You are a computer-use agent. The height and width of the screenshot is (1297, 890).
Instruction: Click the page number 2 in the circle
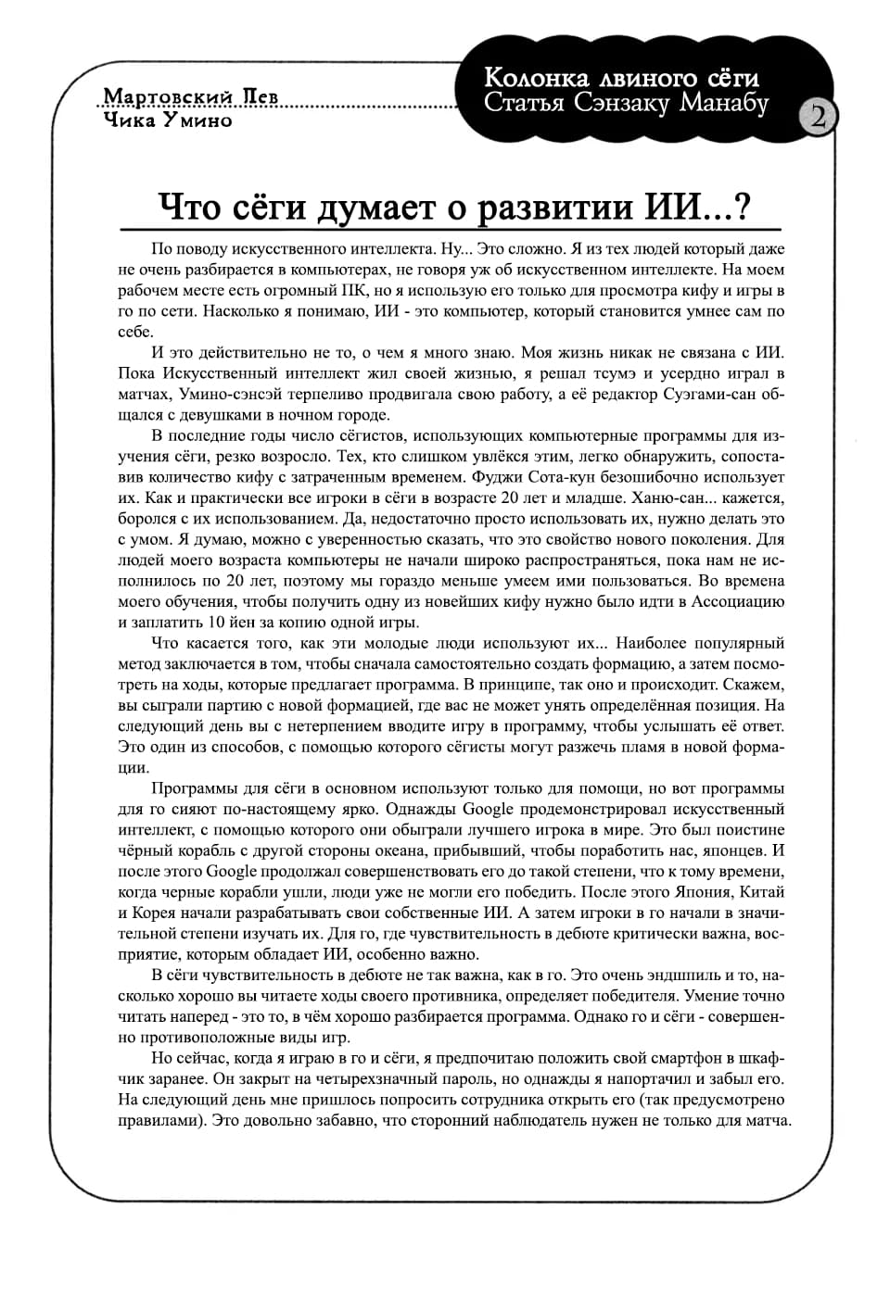pyautogui.click(x=819, y=118)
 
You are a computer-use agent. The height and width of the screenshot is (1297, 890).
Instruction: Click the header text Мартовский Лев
pyautogui.click(x=191, y=98)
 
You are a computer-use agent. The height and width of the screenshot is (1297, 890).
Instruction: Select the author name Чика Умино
pyautogui.click(x=168, y=120)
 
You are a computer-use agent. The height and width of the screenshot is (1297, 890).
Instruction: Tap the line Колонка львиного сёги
pyautogui.click(x=621, y=78)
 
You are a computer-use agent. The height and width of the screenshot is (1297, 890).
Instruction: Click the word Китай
pyautogui.click(x=763, y=892)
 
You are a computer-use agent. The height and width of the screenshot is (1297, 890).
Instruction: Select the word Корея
pyautogui.click(x=152, y=913)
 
